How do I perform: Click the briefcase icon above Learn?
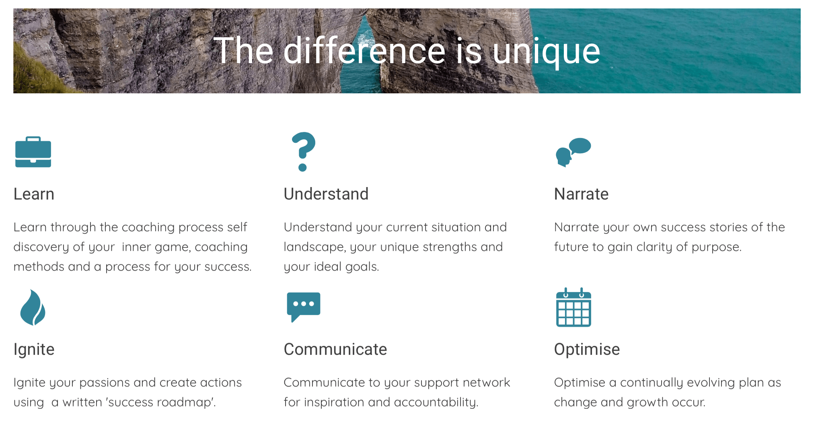(33, 152)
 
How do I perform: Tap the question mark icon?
(304, 152)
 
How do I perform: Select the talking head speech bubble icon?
(573, 152)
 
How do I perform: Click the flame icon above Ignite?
(33, 307)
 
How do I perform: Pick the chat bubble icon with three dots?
(304, 307)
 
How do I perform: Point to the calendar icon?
(573, 307)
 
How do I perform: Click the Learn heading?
(34, 194)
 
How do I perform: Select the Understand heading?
(326, 194)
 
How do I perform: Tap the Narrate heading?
(581, 194)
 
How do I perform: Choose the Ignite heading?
(34, 350)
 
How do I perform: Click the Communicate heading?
(335, 349)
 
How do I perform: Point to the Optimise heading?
(587, 350)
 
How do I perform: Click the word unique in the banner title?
(547, 52)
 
